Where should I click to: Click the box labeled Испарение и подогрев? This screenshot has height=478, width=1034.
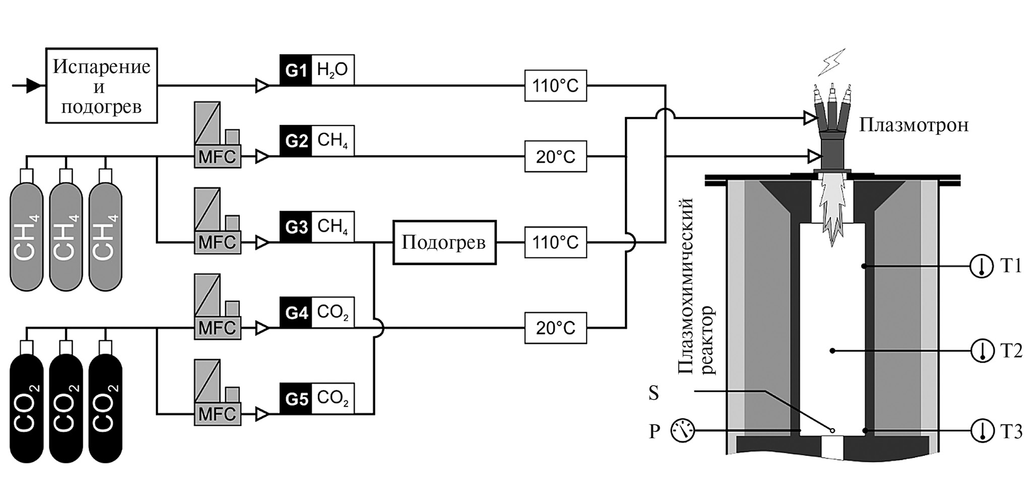click(101, 86)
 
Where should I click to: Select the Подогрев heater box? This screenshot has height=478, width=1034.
click(444, 242)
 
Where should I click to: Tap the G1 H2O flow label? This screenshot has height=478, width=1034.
click(317, 70)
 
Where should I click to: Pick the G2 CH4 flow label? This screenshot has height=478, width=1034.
click(317, 141)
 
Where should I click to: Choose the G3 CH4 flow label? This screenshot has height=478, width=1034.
click(317, 227)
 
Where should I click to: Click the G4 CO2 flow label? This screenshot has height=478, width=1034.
click(317, 313)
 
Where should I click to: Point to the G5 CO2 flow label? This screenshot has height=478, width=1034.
click(317, 398)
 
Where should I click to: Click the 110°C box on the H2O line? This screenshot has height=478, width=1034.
click(555, 86)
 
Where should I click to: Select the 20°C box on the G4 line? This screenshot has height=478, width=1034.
click(555, 328)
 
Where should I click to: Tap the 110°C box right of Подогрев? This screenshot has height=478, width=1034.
click(555, 242)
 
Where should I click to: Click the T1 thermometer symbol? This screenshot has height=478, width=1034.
click(982, 266)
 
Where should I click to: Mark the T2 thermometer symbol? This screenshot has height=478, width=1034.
click(982, 350)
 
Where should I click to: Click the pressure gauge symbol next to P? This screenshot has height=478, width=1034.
click(682, 431)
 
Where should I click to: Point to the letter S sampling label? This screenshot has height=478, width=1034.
click(654, 393)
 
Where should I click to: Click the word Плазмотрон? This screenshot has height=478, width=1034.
click(913, 124)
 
